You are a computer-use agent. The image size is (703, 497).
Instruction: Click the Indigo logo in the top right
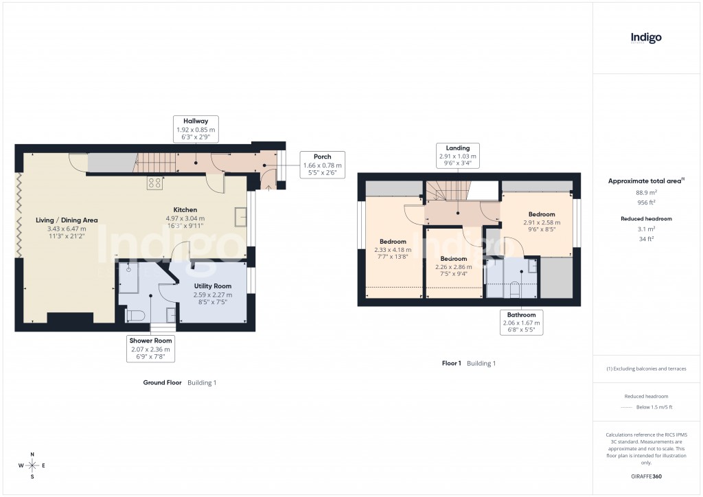point(646,38)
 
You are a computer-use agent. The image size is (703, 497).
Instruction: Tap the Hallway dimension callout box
point(196,129)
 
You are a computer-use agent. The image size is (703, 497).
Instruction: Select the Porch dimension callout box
point(323,165)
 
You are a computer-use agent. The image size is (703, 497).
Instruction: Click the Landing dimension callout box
point(458,156)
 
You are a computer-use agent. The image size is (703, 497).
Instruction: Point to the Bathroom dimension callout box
point(522,322)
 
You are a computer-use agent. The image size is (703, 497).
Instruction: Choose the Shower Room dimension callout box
point(151,349)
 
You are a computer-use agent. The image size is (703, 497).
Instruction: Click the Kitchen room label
point(185,210)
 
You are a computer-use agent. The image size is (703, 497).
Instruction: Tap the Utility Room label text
point(213,286)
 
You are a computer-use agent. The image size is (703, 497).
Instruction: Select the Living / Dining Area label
point(67,220)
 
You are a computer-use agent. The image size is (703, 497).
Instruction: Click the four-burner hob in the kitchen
point(154,183)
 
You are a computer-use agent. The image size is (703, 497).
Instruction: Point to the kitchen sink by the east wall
point(240,216)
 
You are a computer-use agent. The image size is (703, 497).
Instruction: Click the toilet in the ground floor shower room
point(135,315)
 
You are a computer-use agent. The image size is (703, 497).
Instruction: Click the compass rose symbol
point(32,466)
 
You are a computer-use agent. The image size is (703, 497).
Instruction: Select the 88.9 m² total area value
point(646,193)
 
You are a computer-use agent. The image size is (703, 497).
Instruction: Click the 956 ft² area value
point(646,203)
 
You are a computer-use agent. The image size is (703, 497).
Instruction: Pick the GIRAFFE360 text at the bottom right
point(646,476)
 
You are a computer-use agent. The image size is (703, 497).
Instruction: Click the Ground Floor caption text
point(163,382)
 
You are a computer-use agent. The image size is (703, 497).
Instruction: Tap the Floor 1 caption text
point(451,363)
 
